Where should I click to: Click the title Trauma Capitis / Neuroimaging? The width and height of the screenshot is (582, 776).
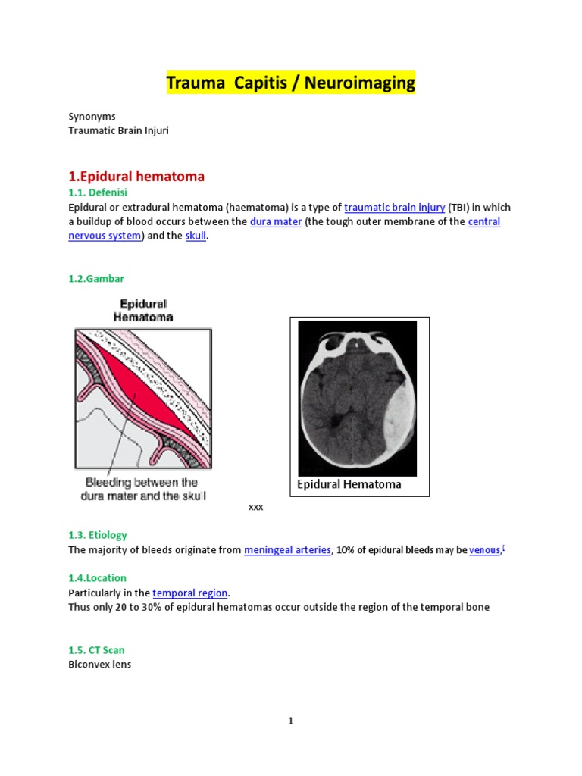click(x=291, y=83)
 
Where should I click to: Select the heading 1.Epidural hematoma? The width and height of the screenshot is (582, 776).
click(x=136, y=176)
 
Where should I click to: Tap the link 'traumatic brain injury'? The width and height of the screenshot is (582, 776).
click(x=394, y=207)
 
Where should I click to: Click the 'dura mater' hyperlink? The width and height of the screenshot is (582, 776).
click(x=276, y=221)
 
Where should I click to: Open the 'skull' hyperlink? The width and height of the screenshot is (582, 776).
click(x=196, y=236)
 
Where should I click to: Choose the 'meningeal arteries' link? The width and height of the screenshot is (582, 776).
click(x=287, y=550)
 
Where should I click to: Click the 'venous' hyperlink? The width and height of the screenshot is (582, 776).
click(x=484, y=550)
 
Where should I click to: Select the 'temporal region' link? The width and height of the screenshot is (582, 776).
click(x=189, y=593)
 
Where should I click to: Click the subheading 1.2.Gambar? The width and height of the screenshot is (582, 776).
click(x=96, y=279)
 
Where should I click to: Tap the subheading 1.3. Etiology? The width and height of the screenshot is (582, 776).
click(x=98, y=535)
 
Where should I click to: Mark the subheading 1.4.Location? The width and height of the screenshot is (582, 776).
click(x=97, y=577)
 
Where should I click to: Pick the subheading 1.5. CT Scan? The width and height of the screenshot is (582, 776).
click(x=96, y=649)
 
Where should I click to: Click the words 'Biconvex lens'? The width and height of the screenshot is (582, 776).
click(x=99, y=665)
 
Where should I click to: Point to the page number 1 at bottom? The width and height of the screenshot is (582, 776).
click(x=290, y=721)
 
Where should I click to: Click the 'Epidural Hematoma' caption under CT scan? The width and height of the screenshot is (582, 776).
click(x=349, y=484)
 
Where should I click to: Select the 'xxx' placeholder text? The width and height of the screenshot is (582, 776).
click(x=256, y=507)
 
